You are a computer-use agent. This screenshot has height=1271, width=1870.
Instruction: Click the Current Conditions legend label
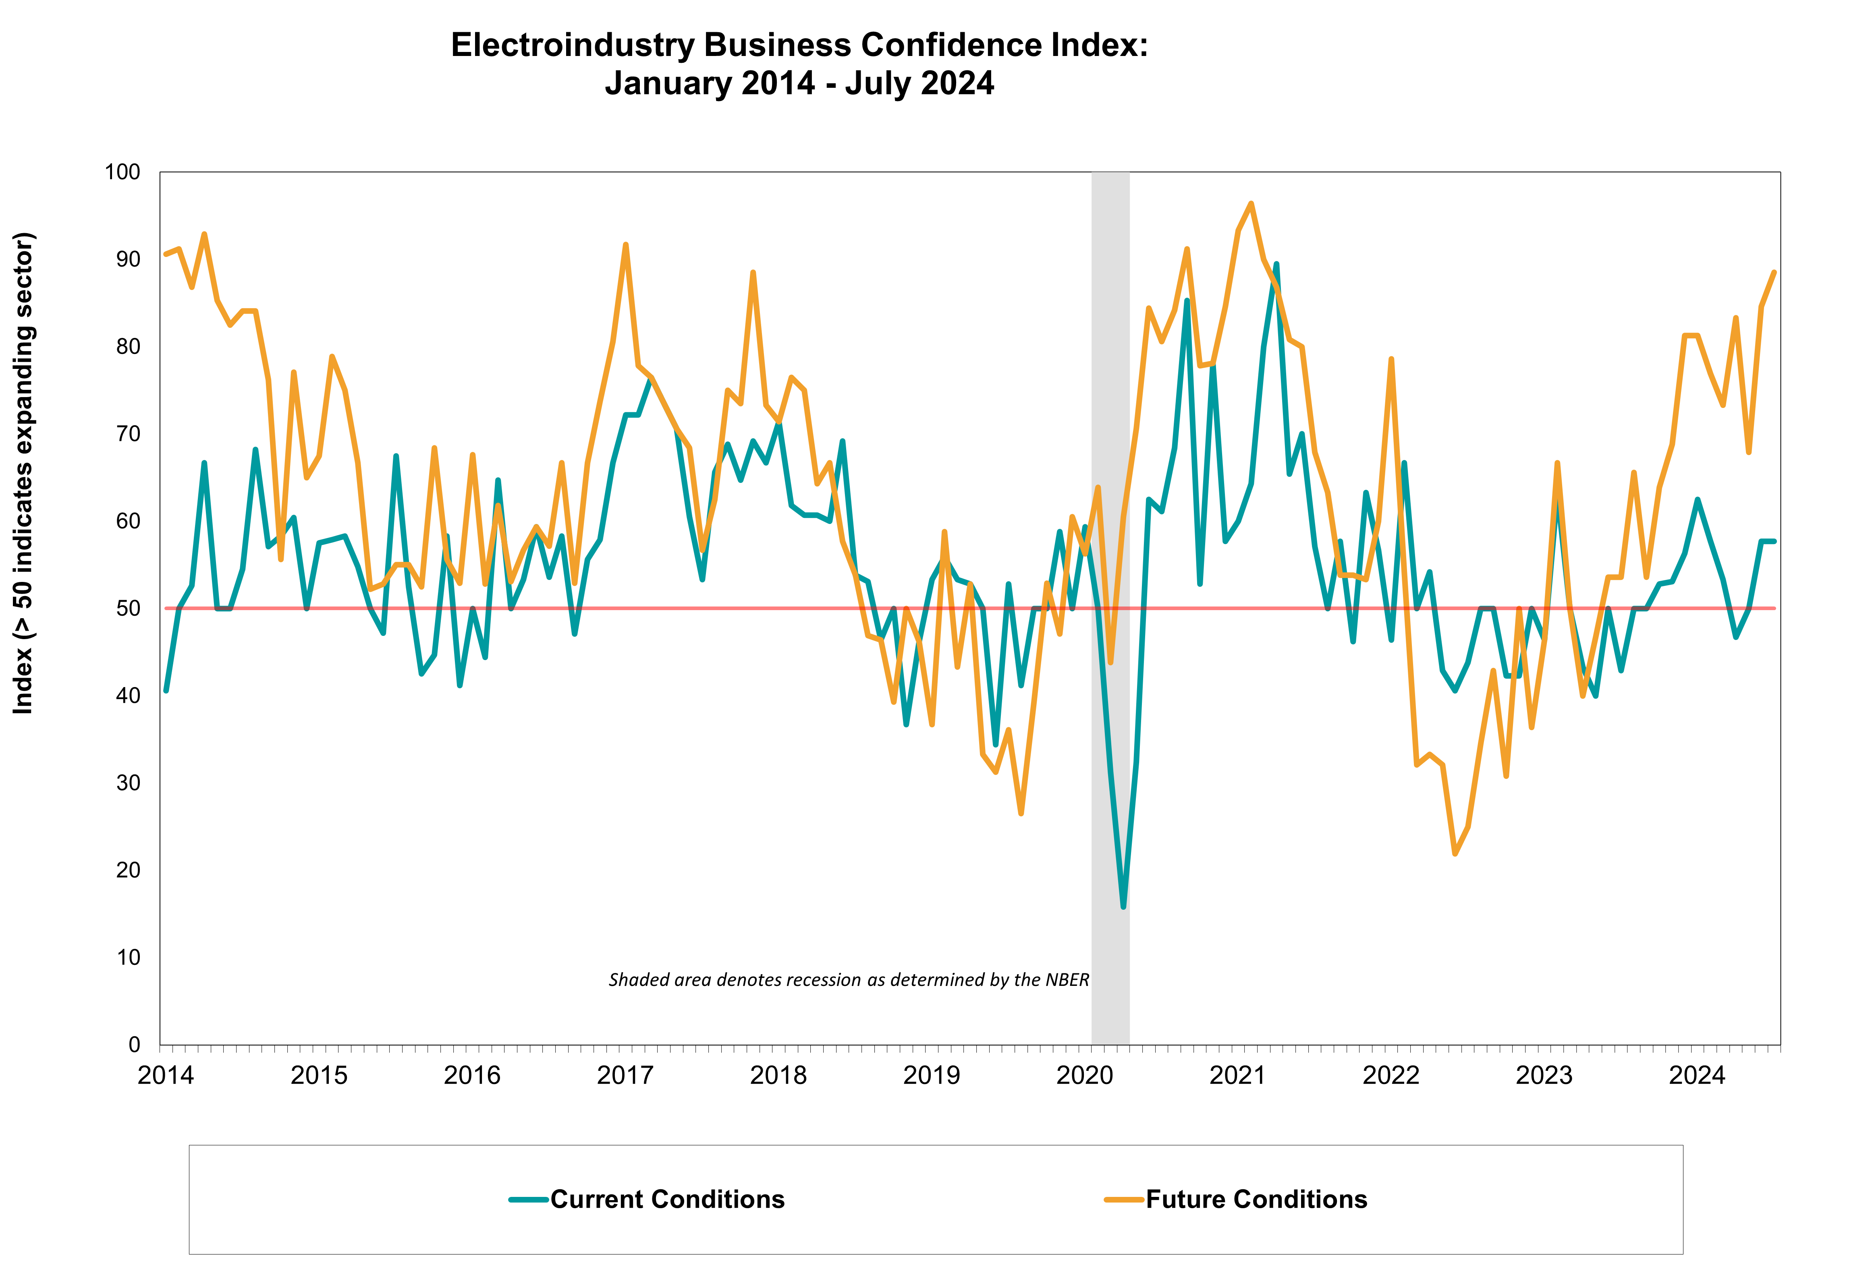[x=667, y=1199]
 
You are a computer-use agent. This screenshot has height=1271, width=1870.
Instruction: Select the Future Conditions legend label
[x=1256, y=1199]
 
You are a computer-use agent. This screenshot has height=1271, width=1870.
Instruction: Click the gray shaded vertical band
[x=1110, y=965]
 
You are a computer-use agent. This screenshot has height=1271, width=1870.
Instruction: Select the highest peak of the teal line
[x=1276, y=264]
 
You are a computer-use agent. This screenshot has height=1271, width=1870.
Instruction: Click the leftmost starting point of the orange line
[x=166, y=254]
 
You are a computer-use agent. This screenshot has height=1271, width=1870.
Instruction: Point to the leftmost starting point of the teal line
[x=166, y=690]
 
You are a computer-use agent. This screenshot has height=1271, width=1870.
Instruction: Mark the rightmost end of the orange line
[x=1774, y=273]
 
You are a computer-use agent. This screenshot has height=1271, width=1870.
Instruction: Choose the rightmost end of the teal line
[x=1774, y=541]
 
